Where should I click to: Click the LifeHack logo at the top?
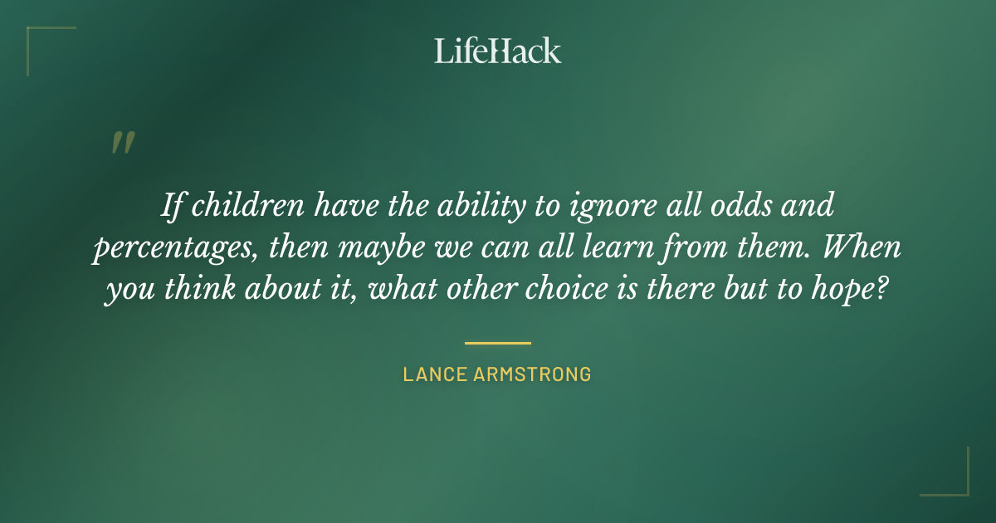[x=498, y=51]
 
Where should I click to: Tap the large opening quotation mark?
[x=122, y=144]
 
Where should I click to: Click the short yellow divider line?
[x=498, y=342]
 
